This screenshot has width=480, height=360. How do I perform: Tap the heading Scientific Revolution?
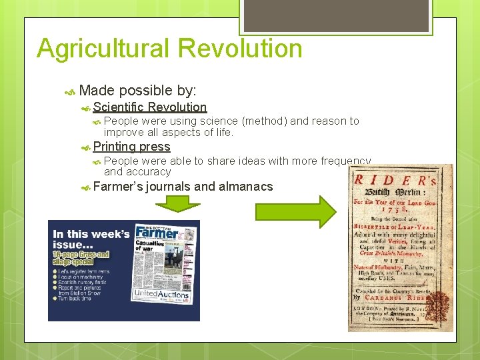tap(150, 107)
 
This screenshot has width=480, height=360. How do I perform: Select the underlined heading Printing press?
tap(131, 147)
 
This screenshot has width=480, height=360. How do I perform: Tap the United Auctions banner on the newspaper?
tap(161, 294)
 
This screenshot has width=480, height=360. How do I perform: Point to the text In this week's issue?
tap(90, 239)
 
